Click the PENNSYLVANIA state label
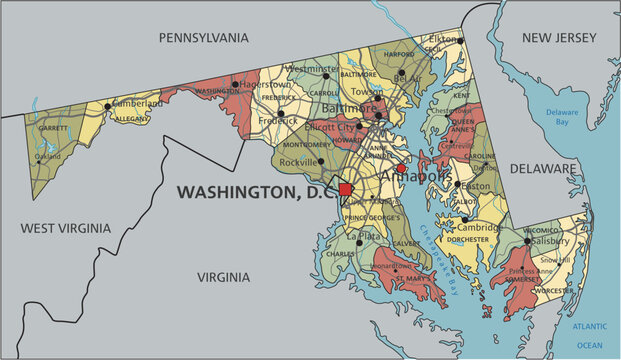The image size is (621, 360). [203, 37]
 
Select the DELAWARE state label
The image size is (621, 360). [543, 169]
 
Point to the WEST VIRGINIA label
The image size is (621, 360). [63, 229]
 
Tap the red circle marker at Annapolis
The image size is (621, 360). [401, 169]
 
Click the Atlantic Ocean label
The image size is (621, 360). [589, 335]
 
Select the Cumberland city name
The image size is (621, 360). [136, 103]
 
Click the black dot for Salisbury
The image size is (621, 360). [527, 241]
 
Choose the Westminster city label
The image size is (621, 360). [314, 69]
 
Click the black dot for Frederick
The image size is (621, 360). [281, 113]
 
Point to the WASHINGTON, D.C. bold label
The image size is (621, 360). [256, 191]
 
